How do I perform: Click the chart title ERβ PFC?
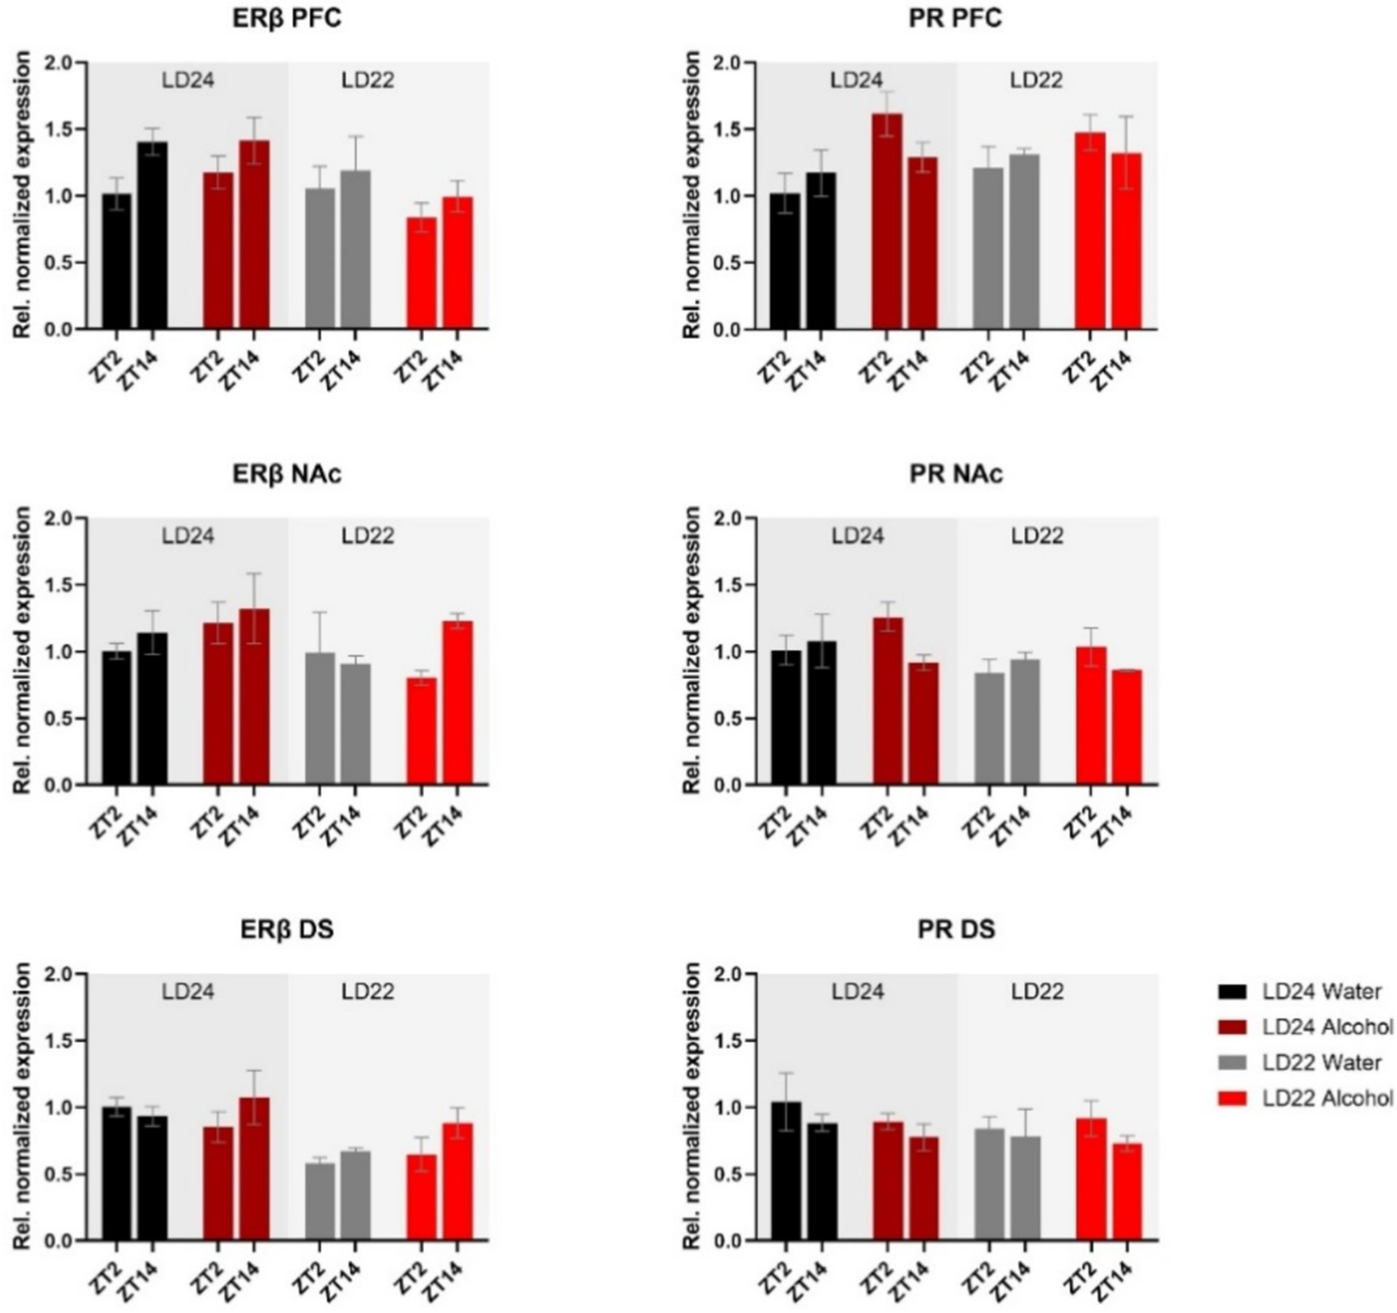click(x=287, y=17)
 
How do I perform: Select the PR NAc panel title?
click(x=956, y=473)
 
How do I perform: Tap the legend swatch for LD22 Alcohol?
click(x=1231, y=1098)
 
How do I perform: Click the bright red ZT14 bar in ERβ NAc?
click(x=458, y=702)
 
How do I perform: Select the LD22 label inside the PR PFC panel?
click(x=1037, y=80)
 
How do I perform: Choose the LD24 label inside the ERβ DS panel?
click(x=187, y=991)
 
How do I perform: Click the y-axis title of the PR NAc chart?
click(x=693, y=651)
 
